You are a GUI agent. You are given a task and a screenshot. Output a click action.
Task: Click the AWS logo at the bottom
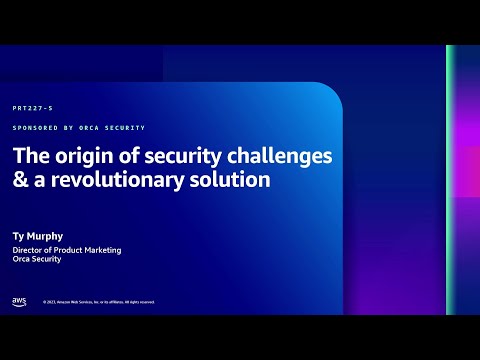(19, 301)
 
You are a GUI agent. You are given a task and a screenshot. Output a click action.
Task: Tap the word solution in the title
(234, 182)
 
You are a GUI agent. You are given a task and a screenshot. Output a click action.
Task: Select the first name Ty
(19, 237)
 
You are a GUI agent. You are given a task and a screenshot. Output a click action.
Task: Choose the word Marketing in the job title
(101, 250)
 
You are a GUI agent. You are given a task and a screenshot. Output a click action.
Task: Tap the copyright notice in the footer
(98, 302)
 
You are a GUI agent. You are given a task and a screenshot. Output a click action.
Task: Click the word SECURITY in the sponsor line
(127, 128)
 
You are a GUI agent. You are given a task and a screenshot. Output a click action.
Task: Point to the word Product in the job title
(68, 250)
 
